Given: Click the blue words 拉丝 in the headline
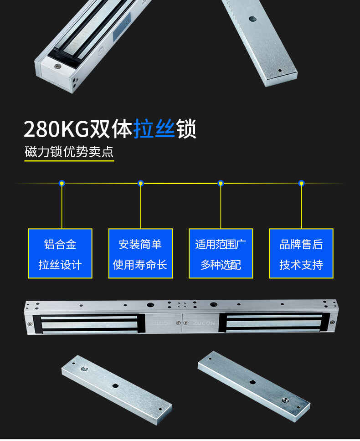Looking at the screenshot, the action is pos(154,128).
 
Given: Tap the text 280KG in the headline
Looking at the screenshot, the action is pos(56,129).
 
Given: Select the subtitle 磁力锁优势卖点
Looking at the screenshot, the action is pos(69,152).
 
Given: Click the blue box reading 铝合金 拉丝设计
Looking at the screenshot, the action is pos(60,253).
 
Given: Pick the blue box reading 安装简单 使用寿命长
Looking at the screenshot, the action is pos(140,253).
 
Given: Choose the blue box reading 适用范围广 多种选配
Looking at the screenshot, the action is pos(221,253).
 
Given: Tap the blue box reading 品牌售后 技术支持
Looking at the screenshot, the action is pos(301,253).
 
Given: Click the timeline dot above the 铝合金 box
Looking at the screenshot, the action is pos(62,184).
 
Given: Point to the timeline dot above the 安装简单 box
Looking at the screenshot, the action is pos(141,184).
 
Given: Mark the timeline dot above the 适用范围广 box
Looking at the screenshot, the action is pos(221,184).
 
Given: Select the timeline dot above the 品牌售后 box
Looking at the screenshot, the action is pos(302,184).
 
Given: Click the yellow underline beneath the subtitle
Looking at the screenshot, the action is pos(69,161).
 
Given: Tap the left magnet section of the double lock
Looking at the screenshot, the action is pos(88,324).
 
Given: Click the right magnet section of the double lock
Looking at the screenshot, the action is pos(274,323).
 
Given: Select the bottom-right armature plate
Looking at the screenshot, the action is pos(254,386).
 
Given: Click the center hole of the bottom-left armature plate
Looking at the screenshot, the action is pos(115,385).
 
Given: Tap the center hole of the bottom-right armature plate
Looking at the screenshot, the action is pos(252,382).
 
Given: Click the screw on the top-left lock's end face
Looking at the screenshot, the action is pos(58,67).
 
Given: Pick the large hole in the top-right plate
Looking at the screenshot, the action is pos(252,19).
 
